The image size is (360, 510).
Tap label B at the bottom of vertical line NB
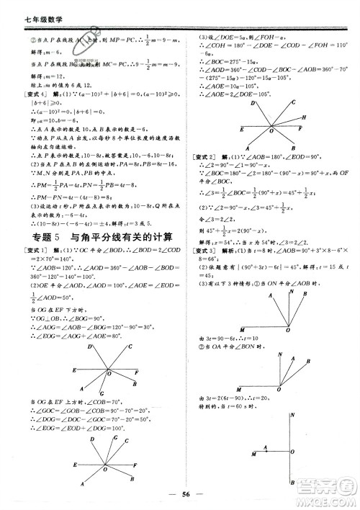(x=291, y=482)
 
